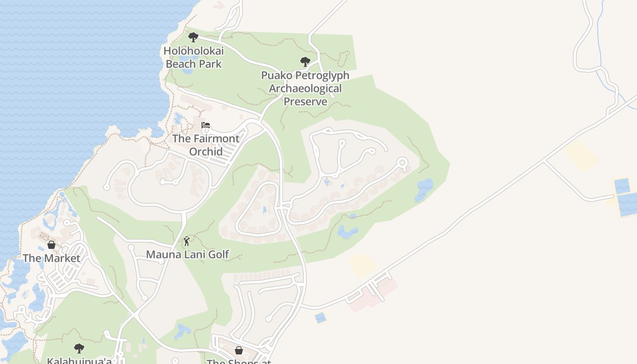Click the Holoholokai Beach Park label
(x=194, y=57)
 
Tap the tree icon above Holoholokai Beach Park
(x=193, y=37)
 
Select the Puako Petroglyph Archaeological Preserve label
(x=305, y=88)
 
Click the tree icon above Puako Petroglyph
(x=305, y=61)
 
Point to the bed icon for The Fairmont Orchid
(x=206, y=126)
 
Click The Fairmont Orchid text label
(x=206, y=145)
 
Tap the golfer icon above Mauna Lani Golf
(x=186, y=242)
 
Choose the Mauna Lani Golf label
(x=187, y=254)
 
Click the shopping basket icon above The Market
(x=51, y=245)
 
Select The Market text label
(x=51, y=258)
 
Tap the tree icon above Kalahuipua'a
(x=79, y=349)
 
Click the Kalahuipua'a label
(x=79, y=361)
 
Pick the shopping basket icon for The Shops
(x=239, y=350)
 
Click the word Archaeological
(x=305, y=88)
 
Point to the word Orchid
(x=206, y=151)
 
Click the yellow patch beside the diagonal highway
(x=363, y=265)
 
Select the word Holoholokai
(x=194, y=51)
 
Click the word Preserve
(x=305, y=101)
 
